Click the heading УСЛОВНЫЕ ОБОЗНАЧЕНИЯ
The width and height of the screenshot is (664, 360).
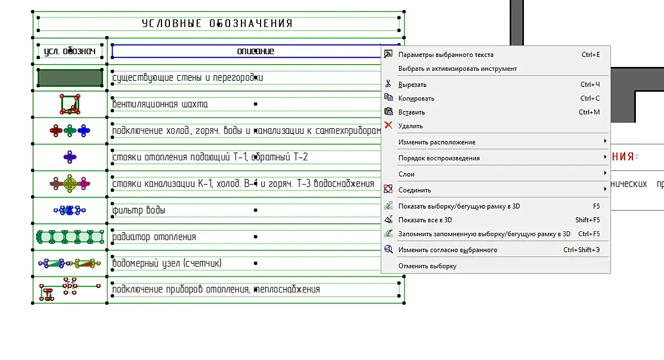217,24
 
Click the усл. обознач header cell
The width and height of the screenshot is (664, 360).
70,52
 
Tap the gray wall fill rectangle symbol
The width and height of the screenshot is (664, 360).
70,78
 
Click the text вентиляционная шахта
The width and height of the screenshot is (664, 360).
160,104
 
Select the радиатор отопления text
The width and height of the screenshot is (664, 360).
155,237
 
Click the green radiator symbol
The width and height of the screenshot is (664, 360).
70,237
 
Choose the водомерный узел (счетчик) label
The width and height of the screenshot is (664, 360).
167,263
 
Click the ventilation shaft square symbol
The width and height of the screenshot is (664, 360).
69,104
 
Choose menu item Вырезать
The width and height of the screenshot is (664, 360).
412,84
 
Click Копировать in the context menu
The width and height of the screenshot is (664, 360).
416,98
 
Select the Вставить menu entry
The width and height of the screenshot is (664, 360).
411,112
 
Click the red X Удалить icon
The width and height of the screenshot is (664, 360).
388,125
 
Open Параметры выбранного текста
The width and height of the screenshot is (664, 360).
446,55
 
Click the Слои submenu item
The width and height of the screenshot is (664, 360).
406,174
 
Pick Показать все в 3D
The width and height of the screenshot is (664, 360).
425,220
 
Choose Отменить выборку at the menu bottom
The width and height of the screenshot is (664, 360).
427,266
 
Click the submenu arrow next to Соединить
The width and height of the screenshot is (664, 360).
605,189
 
